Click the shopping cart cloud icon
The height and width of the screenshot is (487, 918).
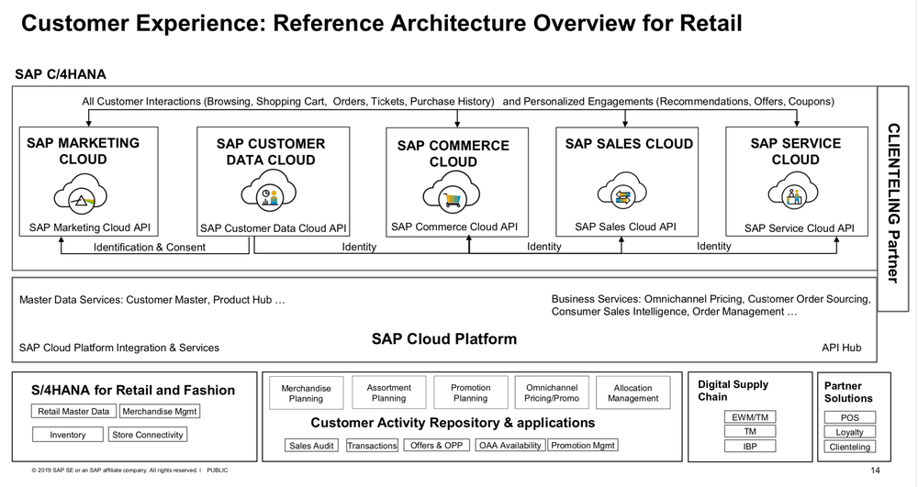452,193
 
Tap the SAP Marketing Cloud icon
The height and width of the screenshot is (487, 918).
82,194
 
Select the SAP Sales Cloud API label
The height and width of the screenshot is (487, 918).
625,227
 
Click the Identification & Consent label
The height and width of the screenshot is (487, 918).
150,248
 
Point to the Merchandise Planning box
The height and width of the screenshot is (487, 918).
306,393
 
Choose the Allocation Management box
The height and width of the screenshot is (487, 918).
633,393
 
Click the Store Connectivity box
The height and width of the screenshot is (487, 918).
148,435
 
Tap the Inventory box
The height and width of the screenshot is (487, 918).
67,435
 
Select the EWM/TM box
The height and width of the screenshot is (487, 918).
750,417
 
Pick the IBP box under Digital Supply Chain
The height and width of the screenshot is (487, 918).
750,446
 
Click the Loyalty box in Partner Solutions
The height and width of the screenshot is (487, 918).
849,432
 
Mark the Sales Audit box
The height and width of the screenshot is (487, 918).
311,446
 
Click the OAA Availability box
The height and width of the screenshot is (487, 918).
509,446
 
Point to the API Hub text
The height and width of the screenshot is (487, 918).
841,348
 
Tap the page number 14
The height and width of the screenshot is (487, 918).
875,470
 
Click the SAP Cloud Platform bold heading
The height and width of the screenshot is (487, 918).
444,339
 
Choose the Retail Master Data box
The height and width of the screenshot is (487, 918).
73,412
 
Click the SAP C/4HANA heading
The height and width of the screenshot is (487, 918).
61,74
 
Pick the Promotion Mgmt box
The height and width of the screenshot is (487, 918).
583,446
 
